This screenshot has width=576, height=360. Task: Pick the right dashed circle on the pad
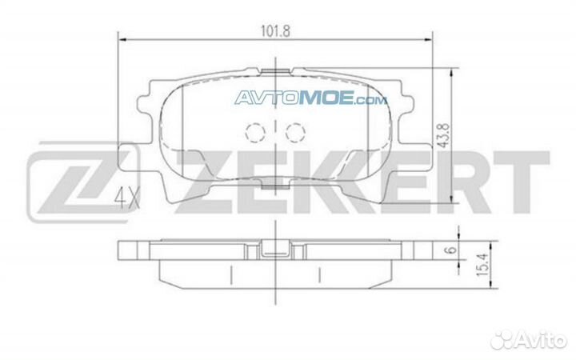(295, 132)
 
